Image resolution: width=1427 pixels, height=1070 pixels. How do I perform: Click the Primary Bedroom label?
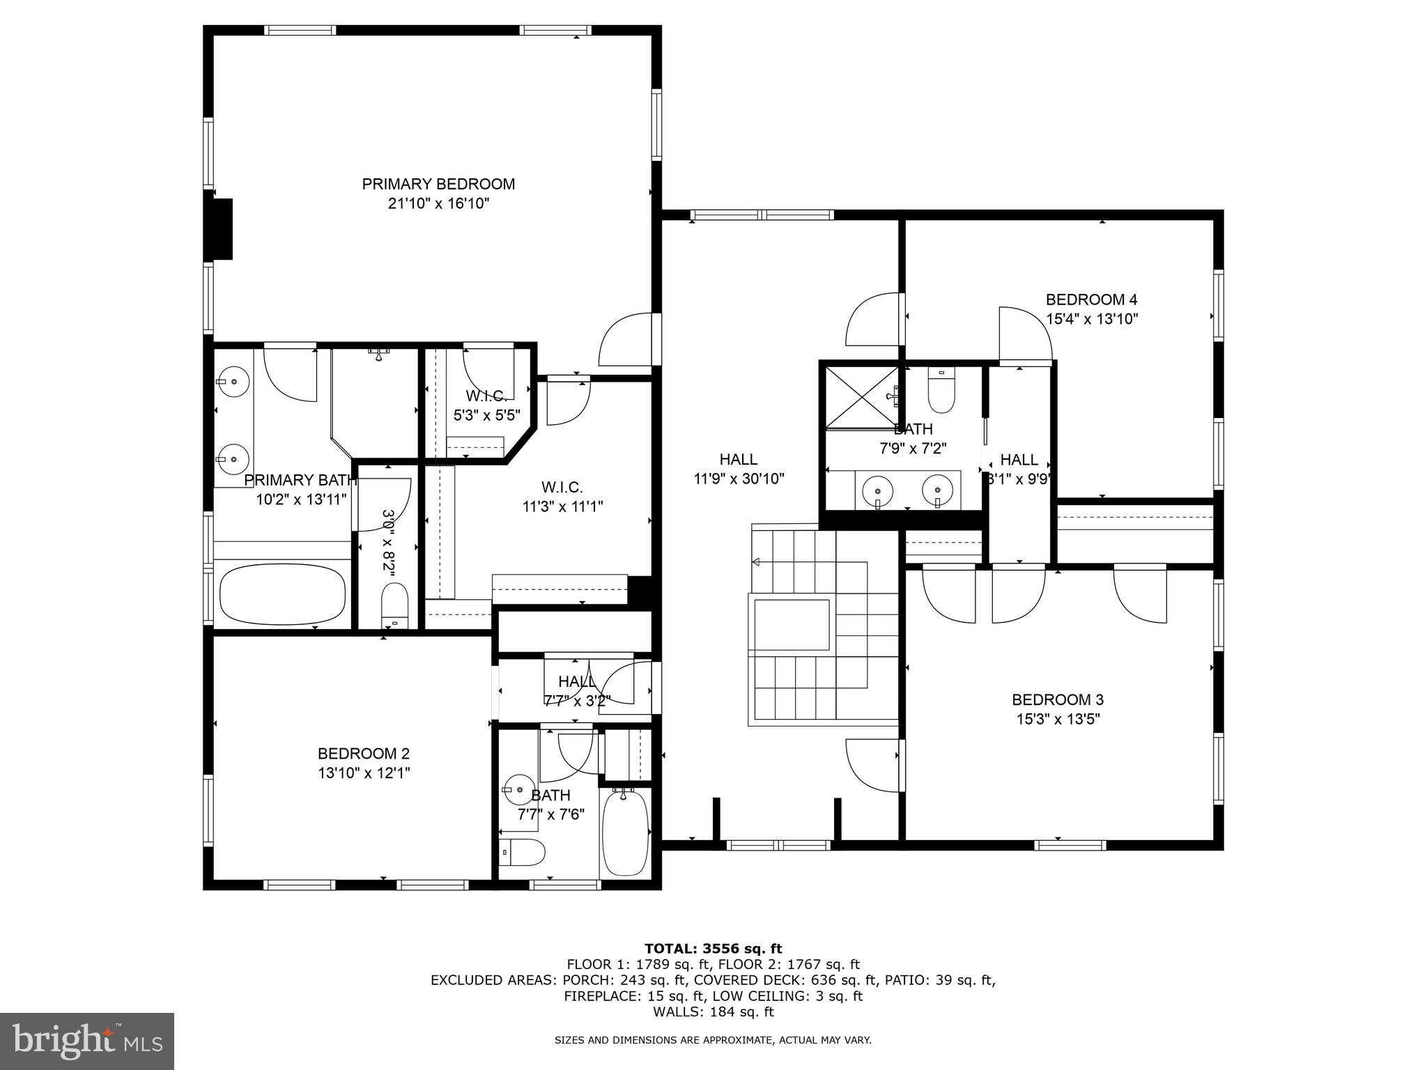point(438,184)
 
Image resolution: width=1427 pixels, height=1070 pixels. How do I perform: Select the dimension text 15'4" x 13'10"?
point(1092,319)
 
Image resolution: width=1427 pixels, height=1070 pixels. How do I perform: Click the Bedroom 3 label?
point(1057,699)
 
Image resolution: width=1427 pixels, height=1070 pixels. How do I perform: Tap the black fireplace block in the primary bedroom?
point(222,229)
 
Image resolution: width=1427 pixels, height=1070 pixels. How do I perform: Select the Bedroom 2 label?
point(363,753)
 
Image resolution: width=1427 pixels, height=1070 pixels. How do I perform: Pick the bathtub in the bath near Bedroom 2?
point(625,832)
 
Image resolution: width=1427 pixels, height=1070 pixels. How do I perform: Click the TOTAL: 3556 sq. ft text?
point(713,948)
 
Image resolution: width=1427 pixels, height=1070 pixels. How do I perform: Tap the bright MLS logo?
point(87,1041)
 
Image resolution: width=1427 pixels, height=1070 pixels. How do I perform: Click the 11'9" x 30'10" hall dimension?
point(739,479)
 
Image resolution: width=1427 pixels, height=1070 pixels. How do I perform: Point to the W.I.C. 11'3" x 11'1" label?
point(562,497)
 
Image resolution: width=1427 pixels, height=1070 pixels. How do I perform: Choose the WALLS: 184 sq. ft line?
point(713,1012)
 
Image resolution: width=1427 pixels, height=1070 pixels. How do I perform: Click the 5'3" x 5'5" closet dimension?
point(486,416)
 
